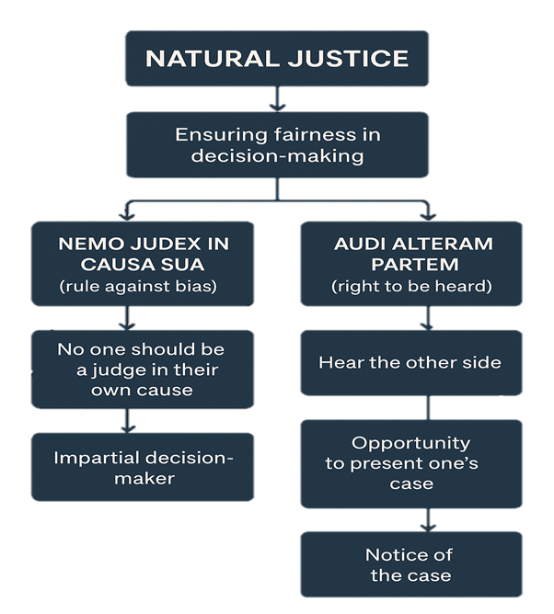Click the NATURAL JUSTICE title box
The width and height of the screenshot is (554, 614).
point(277,59)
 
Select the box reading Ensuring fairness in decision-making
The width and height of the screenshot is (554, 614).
point(277,145)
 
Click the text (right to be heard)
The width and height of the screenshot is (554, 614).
point(410,286)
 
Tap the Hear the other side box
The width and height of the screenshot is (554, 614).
point(410,362)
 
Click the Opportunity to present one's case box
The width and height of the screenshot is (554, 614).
point(410,462)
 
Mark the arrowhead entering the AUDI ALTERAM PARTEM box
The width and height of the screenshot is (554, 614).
point(426,216)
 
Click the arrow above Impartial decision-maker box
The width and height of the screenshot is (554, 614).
point(129,425)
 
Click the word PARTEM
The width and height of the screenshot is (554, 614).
point(410,265)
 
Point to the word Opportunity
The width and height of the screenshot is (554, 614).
point(410,443)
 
